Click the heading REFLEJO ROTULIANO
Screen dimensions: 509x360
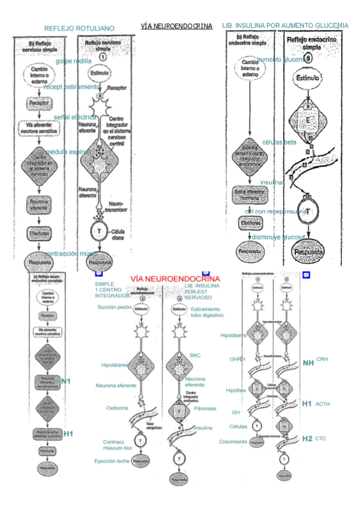(79, 28)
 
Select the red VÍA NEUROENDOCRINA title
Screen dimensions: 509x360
(176, 279)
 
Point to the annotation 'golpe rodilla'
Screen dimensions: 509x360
(74, 61)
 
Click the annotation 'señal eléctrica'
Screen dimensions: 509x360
(75, 117)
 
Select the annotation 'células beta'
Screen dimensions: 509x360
(279, 142)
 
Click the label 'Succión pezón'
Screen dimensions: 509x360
(115, 307)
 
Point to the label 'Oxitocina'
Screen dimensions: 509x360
(118, 406)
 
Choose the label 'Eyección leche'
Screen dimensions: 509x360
(113, 461)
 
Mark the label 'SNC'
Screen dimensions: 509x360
(195, 355)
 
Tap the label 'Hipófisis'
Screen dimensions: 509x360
(236, 391)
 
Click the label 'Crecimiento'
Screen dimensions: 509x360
(233, 442)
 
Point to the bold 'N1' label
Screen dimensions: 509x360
(66, 381)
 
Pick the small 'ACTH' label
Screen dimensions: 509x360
(323, 404)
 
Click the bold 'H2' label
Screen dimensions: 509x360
(307, 438)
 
